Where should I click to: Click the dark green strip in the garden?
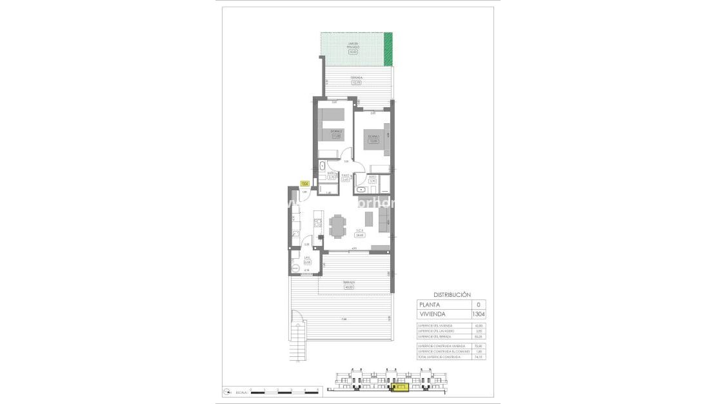pyautogui.click(x=388, y=49)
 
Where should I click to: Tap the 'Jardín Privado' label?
pyautogui.click(x=353, y=46)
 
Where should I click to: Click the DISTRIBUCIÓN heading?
pyautogui.click(x=452, y=294)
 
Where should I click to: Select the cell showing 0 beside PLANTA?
pyautogui.click(x=478, y=305)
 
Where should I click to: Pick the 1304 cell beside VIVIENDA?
pyautogui.click(x=478, y=314)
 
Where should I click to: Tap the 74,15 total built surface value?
pyautogui.click(x=478, y=357)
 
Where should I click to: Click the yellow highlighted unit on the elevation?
pyautogui.click(x=400, y=387)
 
